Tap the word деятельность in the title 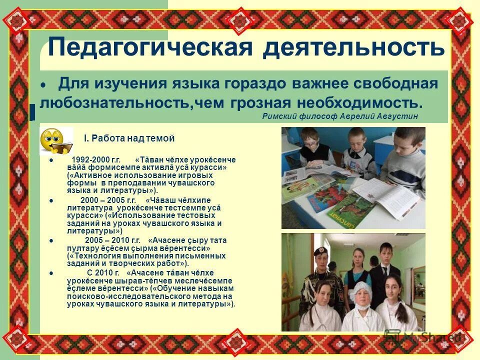coord(353,47)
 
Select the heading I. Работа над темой coord(129,138)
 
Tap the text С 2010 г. coord(103,272)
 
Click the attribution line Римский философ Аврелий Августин coord(339,116)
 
